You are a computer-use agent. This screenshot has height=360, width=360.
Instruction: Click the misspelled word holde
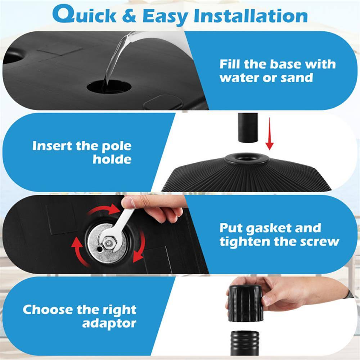pos(112,159)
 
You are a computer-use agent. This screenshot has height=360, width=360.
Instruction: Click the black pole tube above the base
pos(248,128)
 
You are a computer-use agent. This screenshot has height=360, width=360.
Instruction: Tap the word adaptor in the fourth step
pos(109,323)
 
